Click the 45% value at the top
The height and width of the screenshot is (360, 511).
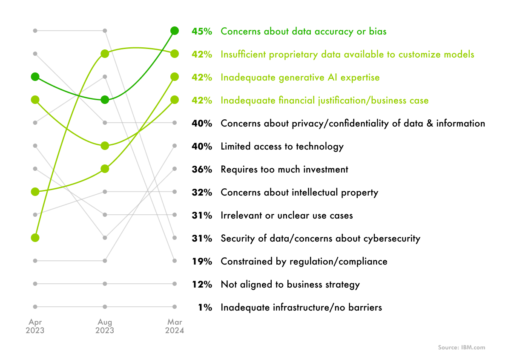click(x=202, y=32)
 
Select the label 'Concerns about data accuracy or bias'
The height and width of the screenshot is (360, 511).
click(x=303, y=32)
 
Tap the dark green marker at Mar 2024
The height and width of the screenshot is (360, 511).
click(x=175, y=31)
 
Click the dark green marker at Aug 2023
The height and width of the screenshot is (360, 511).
click(x=105, y=100)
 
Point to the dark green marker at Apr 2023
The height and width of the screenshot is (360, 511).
click(x=35, y=77)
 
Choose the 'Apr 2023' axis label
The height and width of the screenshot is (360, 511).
click(x=35, y=326)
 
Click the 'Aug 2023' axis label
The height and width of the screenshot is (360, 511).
click(x=105, y=326)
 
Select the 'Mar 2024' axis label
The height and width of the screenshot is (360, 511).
click(x=175, y=326)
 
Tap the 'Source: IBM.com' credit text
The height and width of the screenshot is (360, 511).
click(x=462, y=348)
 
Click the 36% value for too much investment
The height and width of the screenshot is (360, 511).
click(x=202, y=170)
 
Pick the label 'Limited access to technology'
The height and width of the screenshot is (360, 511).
click(x=282, y=147)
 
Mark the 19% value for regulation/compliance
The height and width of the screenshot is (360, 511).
click(x=202, y=262)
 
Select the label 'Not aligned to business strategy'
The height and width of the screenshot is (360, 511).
click(x=290, y=285)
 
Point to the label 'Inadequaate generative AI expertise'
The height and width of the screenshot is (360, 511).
click(x=300, y=78)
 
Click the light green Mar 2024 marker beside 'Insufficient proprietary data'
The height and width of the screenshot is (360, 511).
click(x=175, y=54)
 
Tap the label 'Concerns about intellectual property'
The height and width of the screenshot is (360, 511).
click(x=299, y=193)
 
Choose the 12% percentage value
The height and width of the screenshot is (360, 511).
click(x=202, y=285)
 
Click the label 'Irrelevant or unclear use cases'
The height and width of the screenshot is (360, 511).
click(x=287, y=216)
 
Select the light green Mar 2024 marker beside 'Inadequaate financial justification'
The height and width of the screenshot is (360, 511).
click(x=175, y=100)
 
